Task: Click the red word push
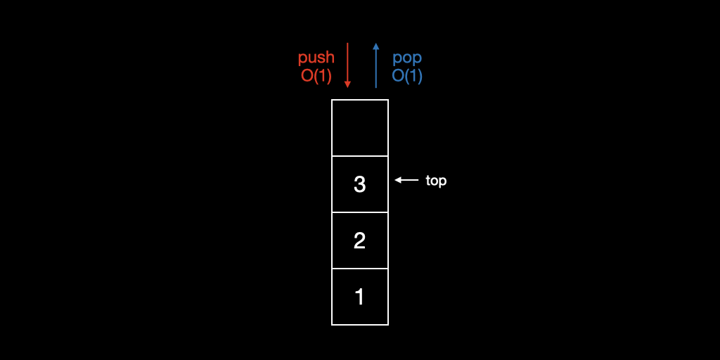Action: point(316,58)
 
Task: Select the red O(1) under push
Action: point(316,76)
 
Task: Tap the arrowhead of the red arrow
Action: point(347,84)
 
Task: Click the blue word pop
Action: point(407,58)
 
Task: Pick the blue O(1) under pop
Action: point(407,76)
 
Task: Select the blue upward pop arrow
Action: point(376,67)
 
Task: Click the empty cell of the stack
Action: point(360,128)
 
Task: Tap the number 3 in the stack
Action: point(360,184)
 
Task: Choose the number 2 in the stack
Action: point(360,240)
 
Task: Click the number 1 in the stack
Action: point(360,297)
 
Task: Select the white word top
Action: point(436,181)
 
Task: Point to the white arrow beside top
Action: point(408,180)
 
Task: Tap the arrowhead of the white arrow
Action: point(397,180)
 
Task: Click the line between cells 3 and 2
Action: point(360,212)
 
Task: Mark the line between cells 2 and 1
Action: point(360,269)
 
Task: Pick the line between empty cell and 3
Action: point(360,156)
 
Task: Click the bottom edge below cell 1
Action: point(360,324)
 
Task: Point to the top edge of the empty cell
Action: point(360,100)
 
